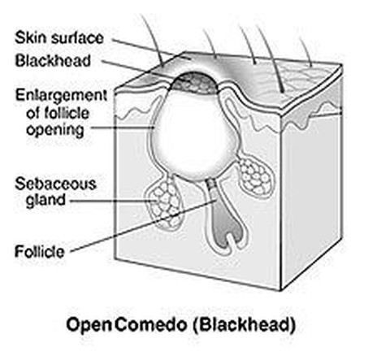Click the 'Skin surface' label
tap(59, 37)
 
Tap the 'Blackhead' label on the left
tap(53, 60)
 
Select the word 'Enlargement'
tap(61, 96)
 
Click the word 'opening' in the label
tap(55, 130)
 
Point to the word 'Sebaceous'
tap(55, 184)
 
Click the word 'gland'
tap(45, 201)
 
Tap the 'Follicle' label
tap(40, 252)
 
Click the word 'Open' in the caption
tap(89, 325)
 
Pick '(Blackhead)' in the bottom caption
tap(245, 324)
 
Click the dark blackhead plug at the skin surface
tap(194, 83)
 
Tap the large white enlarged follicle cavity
tap(193, 136)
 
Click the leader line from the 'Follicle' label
tap(143, 226)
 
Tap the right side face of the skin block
tap(311, 189)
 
